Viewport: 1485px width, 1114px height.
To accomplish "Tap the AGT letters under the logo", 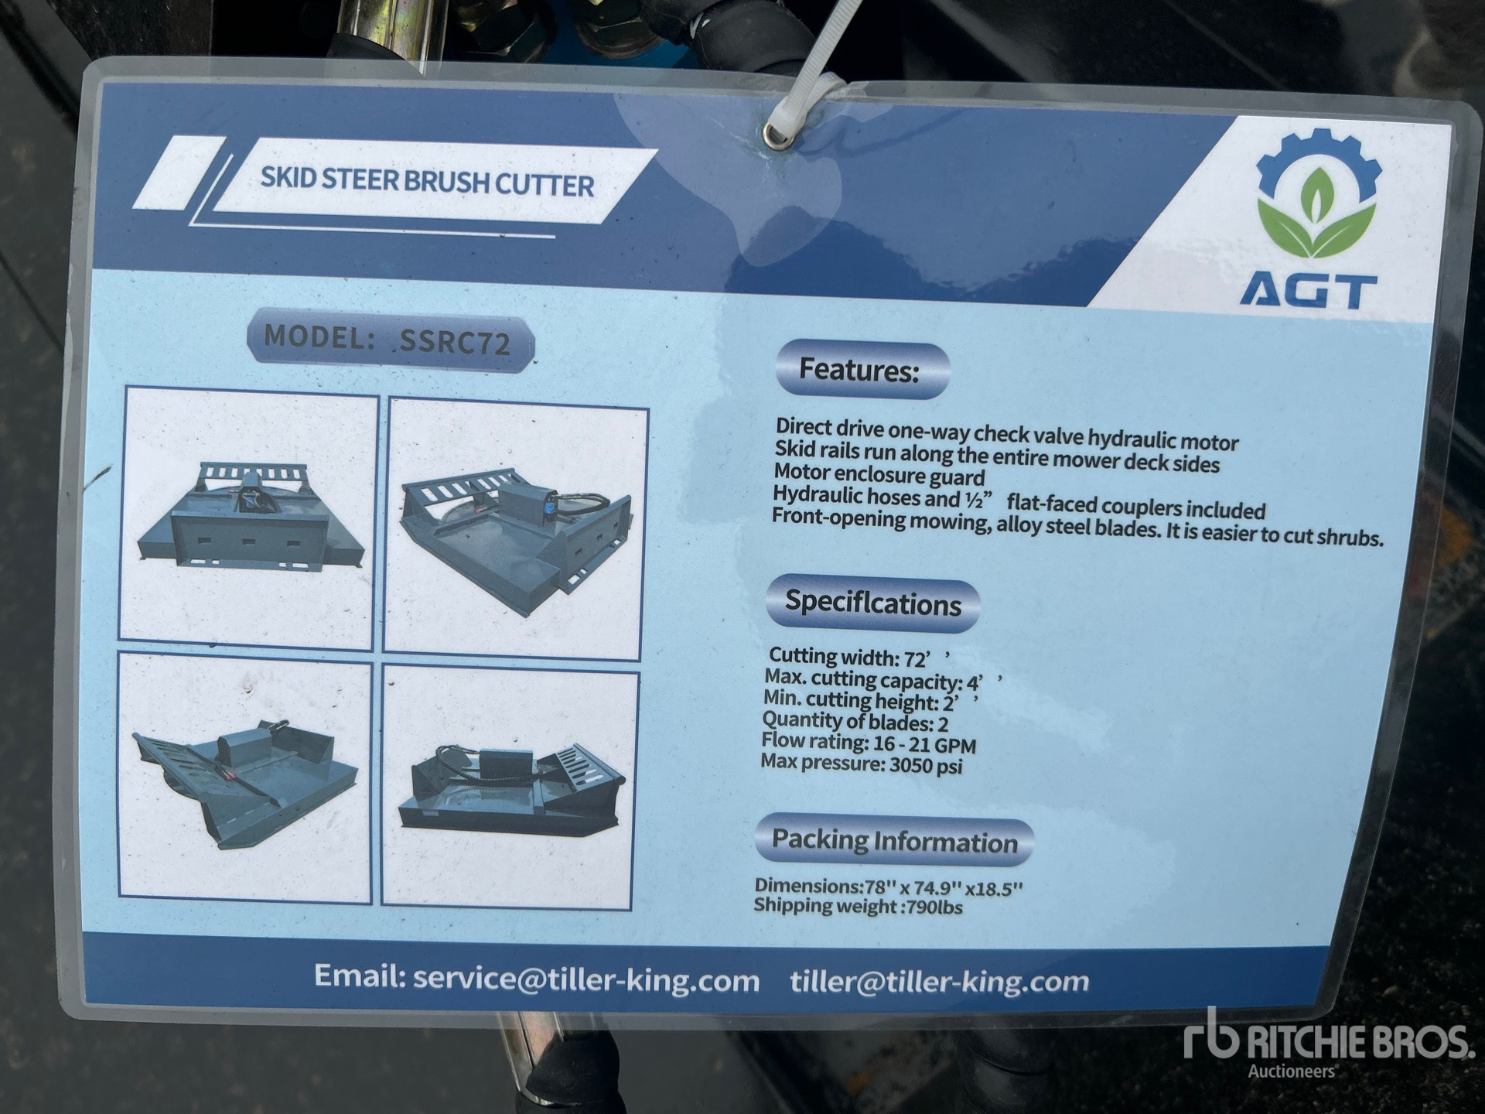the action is pos(1308,291).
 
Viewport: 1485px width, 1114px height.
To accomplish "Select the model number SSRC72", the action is pos(455,341).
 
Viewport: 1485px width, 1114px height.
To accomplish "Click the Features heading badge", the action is pos(862,370).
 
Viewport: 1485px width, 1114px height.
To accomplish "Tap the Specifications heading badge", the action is pos(872,603).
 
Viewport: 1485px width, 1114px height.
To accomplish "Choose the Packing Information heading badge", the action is pos(893,840).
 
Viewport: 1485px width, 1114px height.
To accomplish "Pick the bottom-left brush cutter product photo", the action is pos(244,777).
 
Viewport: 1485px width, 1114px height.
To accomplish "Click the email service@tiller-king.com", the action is pos(585,979).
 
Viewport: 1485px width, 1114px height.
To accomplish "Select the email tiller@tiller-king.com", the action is pos(939,981).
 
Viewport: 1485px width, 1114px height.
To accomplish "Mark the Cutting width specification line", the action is pos(858,658).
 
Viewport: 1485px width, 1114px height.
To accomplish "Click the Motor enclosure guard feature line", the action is pos(879,474).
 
